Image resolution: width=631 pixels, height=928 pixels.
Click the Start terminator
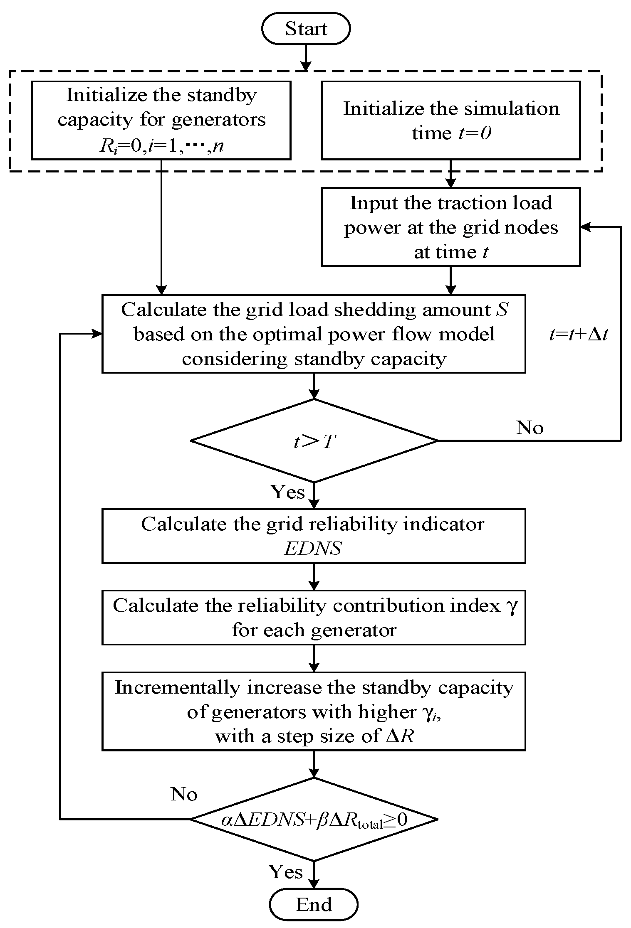pyautogui.click(x=306, y=29)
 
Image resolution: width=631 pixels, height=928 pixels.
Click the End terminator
pyautogui.click(x=314, y=904)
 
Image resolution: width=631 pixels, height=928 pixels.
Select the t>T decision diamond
pyautogui.click(x=314, y=441)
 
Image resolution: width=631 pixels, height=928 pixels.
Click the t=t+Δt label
pyautogui.click(x=578, y=334)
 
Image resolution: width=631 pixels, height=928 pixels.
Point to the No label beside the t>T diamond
pyautogui.click(x=530, y=428)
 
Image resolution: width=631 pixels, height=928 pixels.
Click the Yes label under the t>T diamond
pyautogui.click(x=288, y=492)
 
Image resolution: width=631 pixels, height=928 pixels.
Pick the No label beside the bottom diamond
pyautogui.click(x=183, y=794)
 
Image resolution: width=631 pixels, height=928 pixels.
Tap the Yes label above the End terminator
pyautogui.click(x=285, y=871)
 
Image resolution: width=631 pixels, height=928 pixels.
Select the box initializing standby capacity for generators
pyautogui.click(x=161, y=120)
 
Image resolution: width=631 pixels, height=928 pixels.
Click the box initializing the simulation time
pyautogui.click(x=450, y=120)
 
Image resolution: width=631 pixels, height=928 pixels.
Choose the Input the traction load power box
pyautogui.click(x=450, y=227)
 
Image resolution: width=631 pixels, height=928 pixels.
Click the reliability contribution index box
pyautogui.click(x=314, y=618)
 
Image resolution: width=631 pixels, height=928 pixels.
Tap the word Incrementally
pyautogui.click(x=178, y=688)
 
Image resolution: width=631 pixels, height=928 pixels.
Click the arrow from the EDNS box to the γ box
pyautogui.click(x=314, y=576)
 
